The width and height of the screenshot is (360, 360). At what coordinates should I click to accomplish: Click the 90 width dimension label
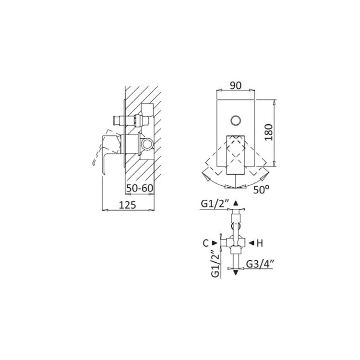point(236,85)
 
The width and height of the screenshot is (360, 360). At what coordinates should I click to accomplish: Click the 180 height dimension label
point(269,132)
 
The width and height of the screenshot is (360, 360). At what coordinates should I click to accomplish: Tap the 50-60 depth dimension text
point(139,188)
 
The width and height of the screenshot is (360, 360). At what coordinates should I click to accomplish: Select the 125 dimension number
point(127,205)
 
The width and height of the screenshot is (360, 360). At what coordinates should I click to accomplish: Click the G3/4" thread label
point(260,264)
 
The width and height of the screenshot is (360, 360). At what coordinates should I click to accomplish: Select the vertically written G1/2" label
point(216,263)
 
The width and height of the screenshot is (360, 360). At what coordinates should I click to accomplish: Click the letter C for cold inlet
point(206,243)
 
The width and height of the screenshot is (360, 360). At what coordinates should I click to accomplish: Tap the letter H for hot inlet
point(260,243)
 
